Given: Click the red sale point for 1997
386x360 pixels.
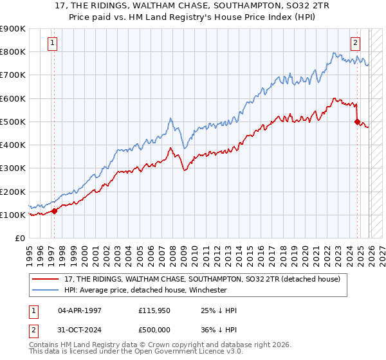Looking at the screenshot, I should click(54, 211).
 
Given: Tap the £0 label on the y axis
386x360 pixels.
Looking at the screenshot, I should click(19, 238).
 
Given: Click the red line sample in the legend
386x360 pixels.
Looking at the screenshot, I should click(46, 279).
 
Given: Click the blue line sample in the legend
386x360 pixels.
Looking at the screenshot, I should click(46, 290).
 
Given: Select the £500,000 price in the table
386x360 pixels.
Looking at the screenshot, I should click(155, 329).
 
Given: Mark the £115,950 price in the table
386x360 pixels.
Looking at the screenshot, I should click(155, 310).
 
